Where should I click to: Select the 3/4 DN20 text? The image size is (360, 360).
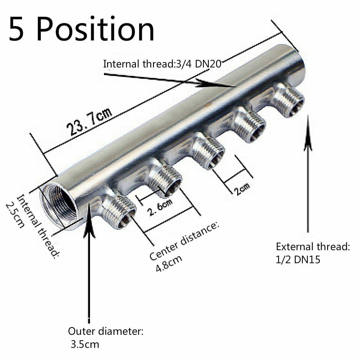point(202,63)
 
